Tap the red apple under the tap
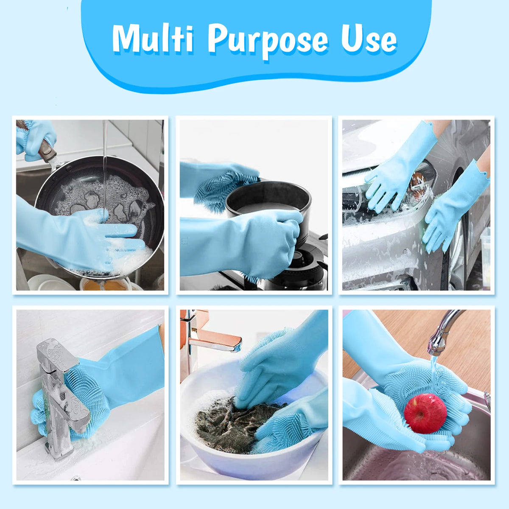pos(425,413)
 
